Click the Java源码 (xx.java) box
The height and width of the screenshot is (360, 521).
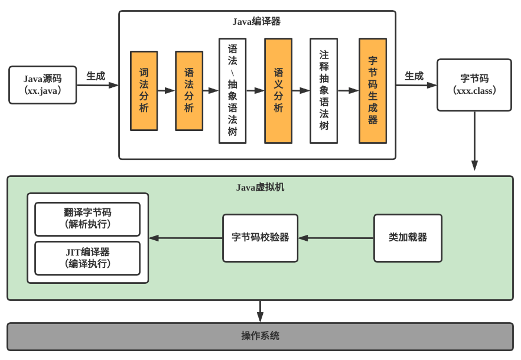pyautogui.click(x=43, y=85)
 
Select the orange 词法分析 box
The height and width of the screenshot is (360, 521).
pyautogui.click(x=144, y=90)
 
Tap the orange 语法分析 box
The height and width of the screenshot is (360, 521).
pyautogui.click(x=189, y=90)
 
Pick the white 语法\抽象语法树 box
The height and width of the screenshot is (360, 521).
pyautogui.click(x=232, y=91)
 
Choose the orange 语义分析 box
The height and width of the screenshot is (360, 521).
pyautogui.click(x=278, y=91)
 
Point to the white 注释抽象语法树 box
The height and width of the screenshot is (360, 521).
pyautogui.click(x=324, y=91)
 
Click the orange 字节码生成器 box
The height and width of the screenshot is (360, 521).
pyautogui.click(x=373, y=91)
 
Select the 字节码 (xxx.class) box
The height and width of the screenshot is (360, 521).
pyautogui.click(x=474, y=85)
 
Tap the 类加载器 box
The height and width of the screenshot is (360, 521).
pyautogui.click(x=408, y=238)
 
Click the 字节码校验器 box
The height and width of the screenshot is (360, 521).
pyautogui.click(x=260, y=238)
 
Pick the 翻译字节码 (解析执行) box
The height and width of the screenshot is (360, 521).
pyautogui.click(x=87, y=219)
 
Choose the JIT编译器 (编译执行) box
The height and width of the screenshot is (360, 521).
pyautogui.click(x=87, y=258)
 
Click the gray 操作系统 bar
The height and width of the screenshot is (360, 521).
pyautogui.click(x=260, y=336)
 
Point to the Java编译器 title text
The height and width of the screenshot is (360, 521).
pyautogui.click(x=256, y=21)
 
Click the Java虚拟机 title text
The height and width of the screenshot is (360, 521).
pyautogui.click(x=260, y=187)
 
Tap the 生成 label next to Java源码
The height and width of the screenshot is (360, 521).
pyautogui.click(x=96, y=76)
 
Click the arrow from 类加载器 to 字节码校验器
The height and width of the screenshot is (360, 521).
pyautogui.click(x=336, y=238)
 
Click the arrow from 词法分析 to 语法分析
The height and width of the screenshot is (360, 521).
pyautogui.click(x=167, y=91)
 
